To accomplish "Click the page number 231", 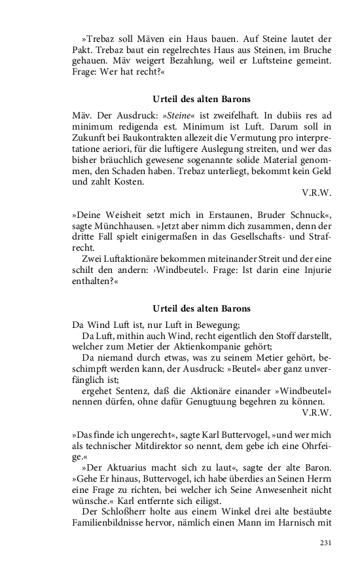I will point(325,543).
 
